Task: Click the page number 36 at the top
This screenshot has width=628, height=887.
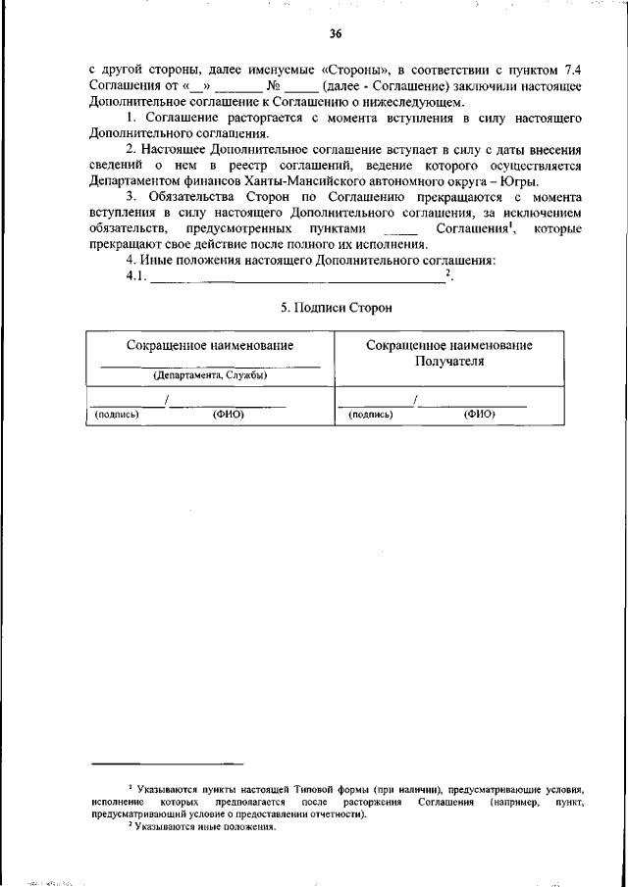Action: click(x=335, y=34)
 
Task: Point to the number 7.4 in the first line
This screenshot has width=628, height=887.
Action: click(x=570, y=71)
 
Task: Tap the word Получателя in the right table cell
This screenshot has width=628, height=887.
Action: click(x=449, y=362)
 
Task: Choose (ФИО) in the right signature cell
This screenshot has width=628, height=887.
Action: click(x=480, y=415)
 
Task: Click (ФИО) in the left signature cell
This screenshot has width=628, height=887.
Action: click(x=229, y=415)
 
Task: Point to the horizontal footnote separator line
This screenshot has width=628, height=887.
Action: click(x=167, y=763)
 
